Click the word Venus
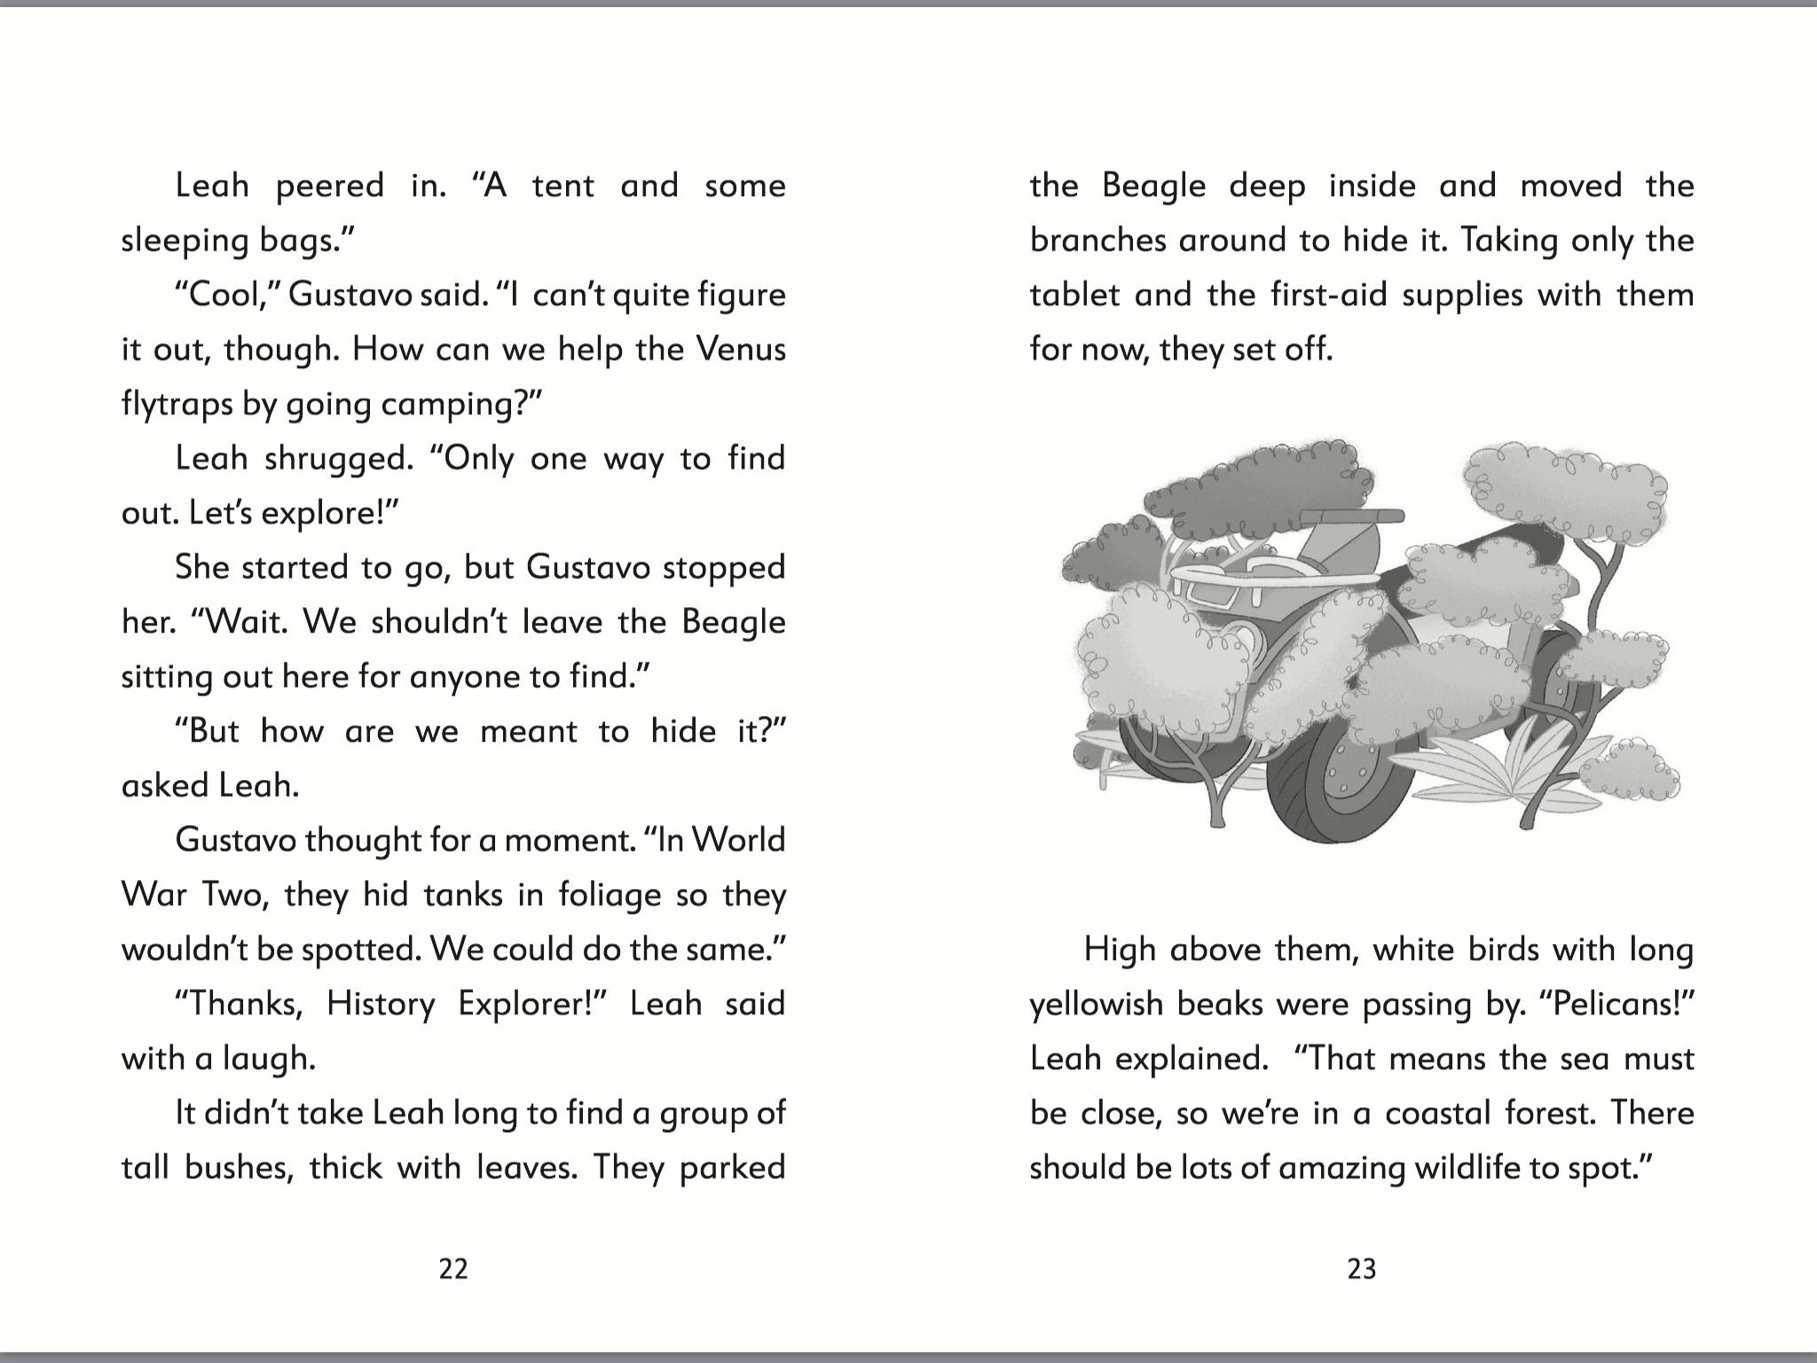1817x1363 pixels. [741, 349]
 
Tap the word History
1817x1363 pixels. [380, 1005]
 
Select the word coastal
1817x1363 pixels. [1436, 1113]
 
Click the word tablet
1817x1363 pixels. [1074, 295]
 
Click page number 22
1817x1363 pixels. [453, 1269]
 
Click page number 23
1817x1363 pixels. [1362, 1269]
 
